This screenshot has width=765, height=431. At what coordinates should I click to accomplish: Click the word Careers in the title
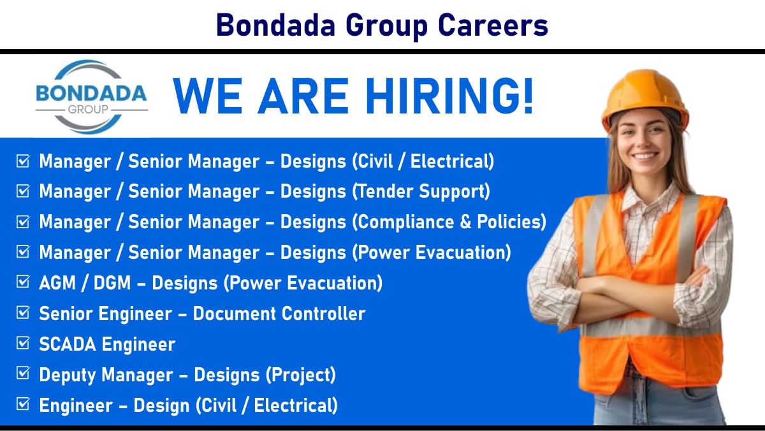[493, 26]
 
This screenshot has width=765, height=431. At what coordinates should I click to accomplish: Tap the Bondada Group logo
[92, 97]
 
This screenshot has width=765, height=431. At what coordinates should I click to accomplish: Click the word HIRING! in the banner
[449, 96]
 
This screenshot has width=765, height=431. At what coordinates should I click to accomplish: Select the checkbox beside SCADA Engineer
[23, 343]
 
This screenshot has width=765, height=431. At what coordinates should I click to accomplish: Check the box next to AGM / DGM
[23, 282]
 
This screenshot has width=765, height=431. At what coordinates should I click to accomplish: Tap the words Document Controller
[279, 314]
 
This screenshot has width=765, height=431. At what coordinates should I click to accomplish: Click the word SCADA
[68, 344]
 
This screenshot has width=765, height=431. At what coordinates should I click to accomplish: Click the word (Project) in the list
[300, 375]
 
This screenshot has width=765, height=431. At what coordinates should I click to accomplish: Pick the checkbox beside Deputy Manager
[23, 373]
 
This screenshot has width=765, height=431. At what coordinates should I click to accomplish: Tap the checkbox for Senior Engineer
[23, 312]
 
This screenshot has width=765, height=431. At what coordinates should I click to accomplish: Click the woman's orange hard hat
[645, 97]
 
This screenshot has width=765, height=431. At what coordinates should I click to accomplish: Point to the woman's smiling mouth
[645, 157]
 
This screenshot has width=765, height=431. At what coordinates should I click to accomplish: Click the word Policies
[511, 222]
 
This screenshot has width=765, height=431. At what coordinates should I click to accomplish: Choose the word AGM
[57, 283]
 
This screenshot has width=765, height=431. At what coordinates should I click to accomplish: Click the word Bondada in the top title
[275, 26]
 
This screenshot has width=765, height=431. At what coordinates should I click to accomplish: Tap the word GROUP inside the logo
[88, 109]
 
